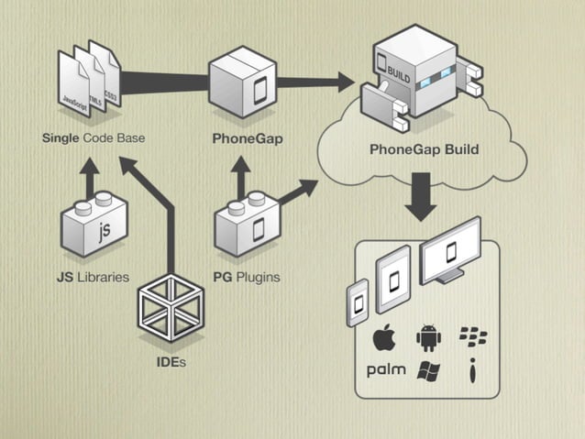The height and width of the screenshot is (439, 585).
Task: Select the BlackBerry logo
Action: click(472, 337)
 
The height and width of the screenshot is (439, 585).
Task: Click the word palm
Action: click(385, 370)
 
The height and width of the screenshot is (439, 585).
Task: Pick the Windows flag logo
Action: click(428, 370)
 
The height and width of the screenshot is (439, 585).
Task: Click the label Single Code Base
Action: click(94, 138)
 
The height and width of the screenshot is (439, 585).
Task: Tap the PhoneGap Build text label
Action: click(424, 149)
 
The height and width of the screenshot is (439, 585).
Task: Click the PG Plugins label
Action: click(247, 276)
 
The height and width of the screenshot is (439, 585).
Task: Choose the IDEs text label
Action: click(170, 363)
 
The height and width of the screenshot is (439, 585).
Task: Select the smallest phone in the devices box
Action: click(358, 303)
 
